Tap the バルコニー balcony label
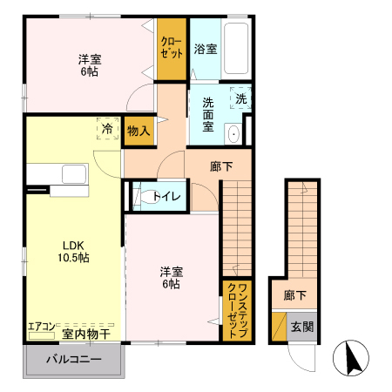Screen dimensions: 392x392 (x=74, y=360)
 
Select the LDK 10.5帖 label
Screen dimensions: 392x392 (x=75, y=251)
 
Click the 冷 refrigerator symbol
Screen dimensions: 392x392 (x=107, y=129)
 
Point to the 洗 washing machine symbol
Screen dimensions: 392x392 (x=241, y=98)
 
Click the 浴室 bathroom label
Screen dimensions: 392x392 (x=206, y=48)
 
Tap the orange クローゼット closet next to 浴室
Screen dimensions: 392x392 (x=172, y=47)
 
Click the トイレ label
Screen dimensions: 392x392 (x=167, y=196)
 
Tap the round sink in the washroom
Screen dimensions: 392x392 (x=233, y=133)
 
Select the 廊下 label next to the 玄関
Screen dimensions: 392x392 (x=295, y=295)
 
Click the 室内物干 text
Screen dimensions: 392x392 (x=86, y=334)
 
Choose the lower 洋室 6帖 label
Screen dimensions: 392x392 (x=170, y=277)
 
